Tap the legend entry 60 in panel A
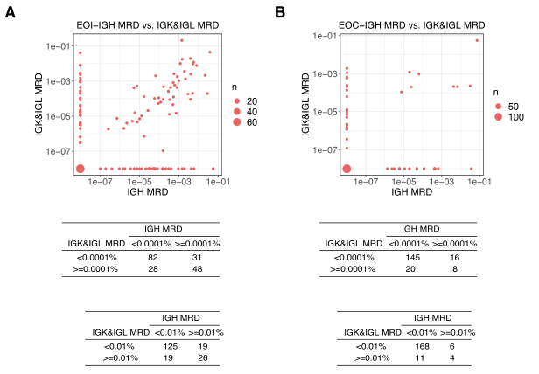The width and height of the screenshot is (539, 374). point(238,123)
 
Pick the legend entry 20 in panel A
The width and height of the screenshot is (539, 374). point(238,100)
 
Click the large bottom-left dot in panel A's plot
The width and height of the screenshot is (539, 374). point(80,169)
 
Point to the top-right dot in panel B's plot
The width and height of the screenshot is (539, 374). point(477,40)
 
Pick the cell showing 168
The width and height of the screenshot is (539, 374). point(415,345)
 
